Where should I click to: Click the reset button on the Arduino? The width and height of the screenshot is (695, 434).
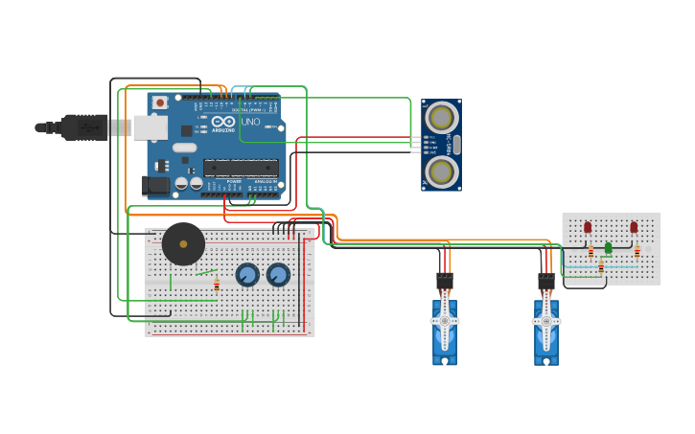pos(160,102)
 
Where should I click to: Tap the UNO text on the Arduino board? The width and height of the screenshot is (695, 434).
pos(250,123)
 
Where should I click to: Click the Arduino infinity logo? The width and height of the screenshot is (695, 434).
pos(222,123)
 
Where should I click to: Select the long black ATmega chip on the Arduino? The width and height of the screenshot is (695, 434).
pos(241,168)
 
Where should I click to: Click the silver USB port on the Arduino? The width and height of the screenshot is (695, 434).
pos(150,127)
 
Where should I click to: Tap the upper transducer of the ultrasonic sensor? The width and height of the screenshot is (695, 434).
pos(441,118)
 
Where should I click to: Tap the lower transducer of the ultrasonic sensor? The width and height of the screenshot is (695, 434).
pos(441,171)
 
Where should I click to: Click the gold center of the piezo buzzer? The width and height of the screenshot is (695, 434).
pos(183,243)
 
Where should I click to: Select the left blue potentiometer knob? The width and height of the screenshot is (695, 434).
pos(247,275)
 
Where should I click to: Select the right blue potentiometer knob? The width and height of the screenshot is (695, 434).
pos(278,275)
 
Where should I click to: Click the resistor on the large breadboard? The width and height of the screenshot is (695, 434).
pos(217,285)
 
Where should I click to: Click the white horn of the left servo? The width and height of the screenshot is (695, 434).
pos(445,319)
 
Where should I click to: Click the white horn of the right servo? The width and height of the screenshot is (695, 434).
pos(546,319)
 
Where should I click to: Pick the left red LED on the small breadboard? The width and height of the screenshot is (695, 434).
pos(588,227)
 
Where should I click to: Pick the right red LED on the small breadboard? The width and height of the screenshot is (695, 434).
pos(634,227)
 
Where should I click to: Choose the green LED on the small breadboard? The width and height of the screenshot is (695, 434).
pos(608,248)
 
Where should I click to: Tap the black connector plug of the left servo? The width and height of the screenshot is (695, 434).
pos(445,281)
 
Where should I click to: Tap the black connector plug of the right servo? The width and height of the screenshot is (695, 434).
pos(546,281)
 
